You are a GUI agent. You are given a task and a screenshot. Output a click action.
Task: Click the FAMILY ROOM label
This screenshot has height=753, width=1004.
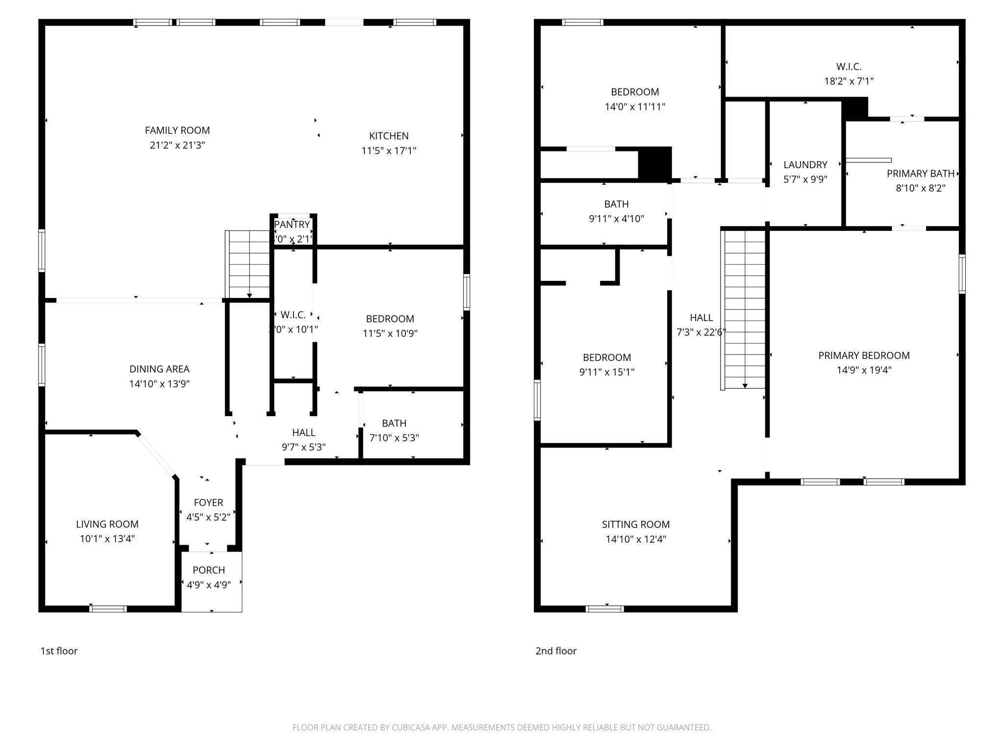click(x=177, y=130)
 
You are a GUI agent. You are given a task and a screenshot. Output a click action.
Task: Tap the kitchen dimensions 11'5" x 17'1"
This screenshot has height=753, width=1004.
click(x=388, y=151)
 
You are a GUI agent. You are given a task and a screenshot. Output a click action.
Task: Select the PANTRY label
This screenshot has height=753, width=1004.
click(x=292, y=225)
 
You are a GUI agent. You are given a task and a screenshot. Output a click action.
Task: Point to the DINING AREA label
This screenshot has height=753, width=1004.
click(x=159, y=369)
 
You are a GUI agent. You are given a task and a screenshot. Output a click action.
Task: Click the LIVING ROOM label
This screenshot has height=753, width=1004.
click(x=107, y=524)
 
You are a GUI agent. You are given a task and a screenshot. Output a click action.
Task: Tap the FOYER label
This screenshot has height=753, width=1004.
click(x=208, y=502)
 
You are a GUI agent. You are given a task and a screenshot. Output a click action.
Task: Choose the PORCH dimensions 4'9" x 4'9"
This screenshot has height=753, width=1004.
click(x=208, y=585)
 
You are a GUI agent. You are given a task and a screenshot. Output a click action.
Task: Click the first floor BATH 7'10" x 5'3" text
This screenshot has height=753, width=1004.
click(x=394, y=430)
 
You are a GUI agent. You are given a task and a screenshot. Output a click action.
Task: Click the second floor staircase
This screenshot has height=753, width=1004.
click(x=744, y=309)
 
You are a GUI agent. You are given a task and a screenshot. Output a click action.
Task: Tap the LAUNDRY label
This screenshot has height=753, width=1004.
click(x=805, y=165)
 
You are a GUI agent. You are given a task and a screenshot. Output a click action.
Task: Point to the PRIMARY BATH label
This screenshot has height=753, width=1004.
click(x=920, y=174)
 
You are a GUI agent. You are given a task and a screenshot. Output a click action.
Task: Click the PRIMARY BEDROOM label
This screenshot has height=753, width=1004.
click(x=864, y=355)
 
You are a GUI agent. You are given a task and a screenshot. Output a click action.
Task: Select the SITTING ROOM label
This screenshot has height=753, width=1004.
click(x=635, y=525)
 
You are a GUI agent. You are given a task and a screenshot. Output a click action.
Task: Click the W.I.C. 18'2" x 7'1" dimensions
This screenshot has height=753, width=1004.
click(x=849, y=81)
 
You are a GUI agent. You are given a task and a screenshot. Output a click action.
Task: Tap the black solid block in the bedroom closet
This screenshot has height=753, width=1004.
click(x=654, y=163)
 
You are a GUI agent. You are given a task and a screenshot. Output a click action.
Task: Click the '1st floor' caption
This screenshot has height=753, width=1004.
click(x=59, y=651)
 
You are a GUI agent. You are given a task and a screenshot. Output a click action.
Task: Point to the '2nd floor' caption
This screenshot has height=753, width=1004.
click(x=555, y=651)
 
